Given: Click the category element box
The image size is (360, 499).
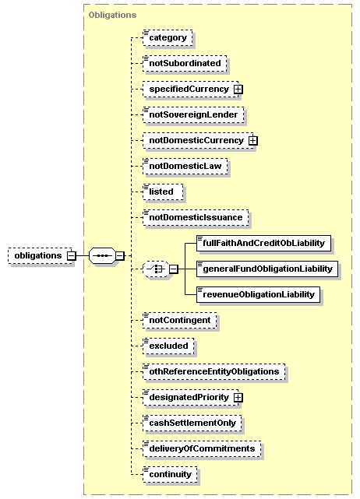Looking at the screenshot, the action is (168, 38).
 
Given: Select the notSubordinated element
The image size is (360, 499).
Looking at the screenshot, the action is (185, 63).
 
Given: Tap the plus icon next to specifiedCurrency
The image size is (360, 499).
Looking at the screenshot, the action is (238, 90).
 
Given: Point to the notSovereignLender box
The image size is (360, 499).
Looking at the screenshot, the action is (193, 115).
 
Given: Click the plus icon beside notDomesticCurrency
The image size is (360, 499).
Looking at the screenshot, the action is (253, 141).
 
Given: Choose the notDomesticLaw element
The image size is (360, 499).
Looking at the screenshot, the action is (185, 166).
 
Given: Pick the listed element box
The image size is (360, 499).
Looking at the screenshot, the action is (163, 192).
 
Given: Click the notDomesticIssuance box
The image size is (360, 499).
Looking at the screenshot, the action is (196, 218).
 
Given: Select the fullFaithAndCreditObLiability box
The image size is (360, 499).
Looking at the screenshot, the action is (264, 244).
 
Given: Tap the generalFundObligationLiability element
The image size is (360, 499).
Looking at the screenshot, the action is (267, 269).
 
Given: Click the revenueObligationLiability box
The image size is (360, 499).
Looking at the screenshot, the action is (259, 295).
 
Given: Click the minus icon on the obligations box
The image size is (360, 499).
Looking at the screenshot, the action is (72, 255).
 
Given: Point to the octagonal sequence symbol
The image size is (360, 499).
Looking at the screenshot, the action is (102, 255).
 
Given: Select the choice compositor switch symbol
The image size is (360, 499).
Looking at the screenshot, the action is (156, 269).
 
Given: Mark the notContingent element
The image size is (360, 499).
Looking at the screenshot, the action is (180, 321).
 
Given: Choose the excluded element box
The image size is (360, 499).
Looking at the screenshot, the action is (168, 346).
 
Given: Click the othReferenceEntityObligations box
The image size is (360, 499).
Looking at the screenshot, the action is (214, 372).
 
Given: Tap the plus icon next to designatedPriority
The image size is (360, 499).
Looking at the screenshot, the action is (238, 398).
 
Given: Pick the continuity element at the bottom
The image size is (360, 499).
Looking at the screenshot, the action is (170, 475).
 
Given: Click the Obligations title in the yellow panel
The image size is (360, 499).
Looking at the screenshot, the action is (112, 15).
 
